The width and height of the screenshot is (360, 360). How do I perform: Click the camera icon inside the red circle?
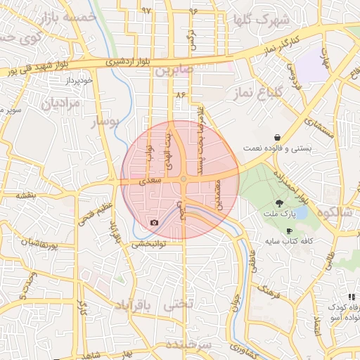154,223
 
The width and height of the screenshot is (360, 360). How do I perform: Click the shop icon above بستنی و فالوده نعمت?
279,137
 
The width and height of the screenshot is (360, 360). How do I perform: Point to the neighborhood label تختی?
177,306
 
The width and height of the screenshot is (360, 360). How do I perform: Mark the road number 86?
181,94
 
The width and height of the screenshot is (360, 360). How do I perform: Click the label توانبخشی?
148,244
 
